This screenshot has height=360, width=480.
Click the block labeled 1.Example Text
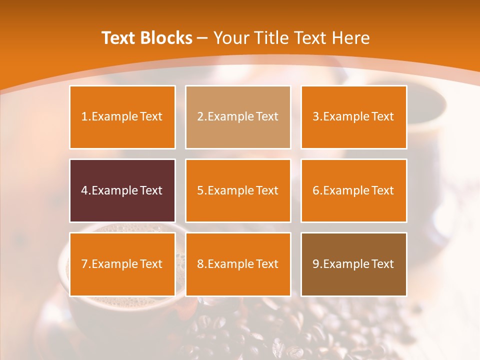pos(122,117)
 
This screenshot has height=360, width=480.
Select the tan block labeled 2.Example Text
pos(238,117)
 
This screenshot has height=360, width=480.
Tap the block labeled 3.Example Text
pos(353,117)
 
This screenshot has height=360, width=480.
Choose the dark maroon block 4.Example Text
pos(122,190)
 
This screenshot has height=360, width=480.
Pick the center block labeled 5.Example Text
pos(238,190)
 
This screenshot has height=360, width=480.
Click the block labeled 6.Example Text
pos(353,190)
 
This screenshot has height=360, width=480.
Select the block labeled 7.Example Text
pos(122,264)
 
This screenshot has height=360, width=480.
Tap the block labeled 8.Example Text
pos(238,264)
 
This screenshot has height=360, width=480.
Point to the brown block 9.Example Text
pos(353,264)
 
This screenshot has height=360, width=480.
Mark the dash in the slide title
pos(202,38)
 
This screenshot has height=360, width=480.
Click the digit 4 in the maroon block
pos(84,190)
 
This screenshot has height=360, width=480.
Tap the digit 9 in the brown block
pos(316,264)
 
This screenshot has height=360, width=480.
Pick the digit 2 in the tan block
pos(200,117)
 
